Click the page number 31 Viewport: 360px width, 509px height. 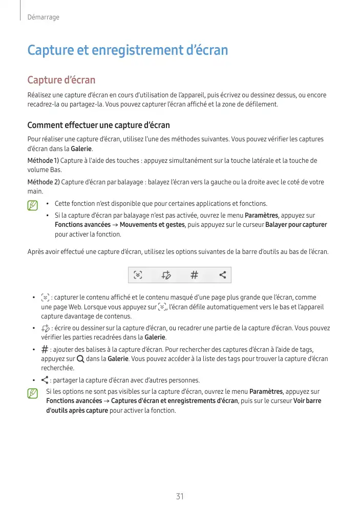click(x=180, y=496)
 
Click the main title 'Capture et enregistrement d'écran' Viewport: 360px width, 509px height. click(x=128, y=51)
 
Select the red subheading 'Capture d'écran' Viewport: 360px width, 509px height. click(x=61, y=80)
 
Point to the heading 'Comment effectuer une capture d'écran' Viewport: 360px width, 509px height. click(x=98, y=125)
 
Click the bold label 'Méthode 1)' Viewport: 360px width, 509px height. click(x=43, y=161)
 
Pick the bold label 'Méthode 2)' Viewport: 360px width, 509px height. click(x=43, y=182)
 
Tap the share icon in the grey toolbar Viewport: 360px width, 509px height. click(x=223, y=275)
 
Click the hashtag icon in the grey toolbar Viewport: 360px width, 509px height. click(x=195, y=275)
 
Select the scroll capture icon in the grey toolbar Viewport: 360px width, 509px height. click(x=138, y=275)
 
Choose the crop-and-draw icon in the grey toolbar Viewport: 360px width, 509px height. click(x=166, y=275)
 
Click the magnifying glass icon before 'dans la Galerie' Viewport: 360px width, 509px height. click(x=80, y=359)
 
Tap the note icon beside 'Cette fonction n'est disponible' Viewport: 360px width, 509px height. click(x=33, y=205)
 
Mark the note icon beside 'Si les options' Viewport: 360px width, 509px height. click(x=33, y=393)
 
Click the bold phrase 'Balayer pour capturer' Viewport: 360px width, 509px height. click(x=296, y=225)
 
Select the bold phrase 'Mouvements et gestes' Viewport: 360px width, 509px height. click(x=152, y=225)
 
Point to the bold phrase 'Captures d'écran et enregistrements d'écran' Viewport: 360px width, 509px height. click(x=175, y=401)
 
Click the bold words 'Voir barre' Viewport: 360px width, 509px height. click(x=307, y=401)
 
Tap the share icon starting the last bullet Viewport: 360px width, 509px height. click(x=45, y=380)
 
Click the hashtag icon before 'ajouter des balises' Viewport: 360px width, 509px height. click(x=45, y=349)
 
